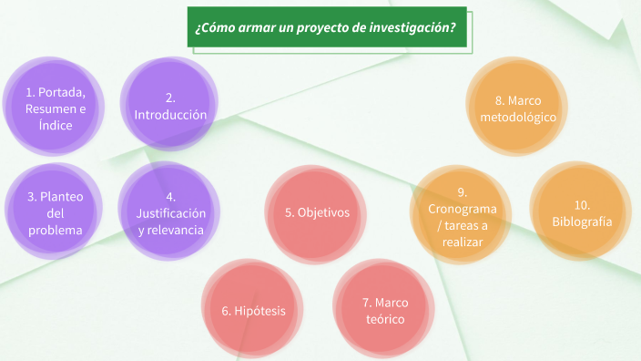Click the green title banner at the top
pyautogui.click(x=327, y=27)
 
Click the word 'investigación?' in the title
pyautogui.click(x=413, y=28)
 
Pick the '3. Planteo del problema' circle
pyautogui.click(x=56, y=212)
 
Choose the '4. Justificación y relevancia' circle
pyautogui.click(x=170, y=212)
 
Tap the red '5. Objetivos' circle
pyautogui.click(x=317, y=212)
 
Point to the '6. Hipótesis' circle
pyautogui.click(x=254, y=311)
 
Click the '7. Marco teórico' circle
pyautogui.click(x=382, y=311)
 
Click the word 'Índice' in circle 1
pyautogui.click(x=56, y=125)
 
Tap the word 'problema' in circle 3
pyautogui.click(x=56, y=230)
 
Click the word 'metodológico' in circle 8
pyautogui.click(x=518, y=118)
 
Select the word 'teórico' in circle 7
pyautogui.click(x=382, y=320)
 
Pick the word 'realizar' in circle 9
pyautogui.click(x=463, y=242)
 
